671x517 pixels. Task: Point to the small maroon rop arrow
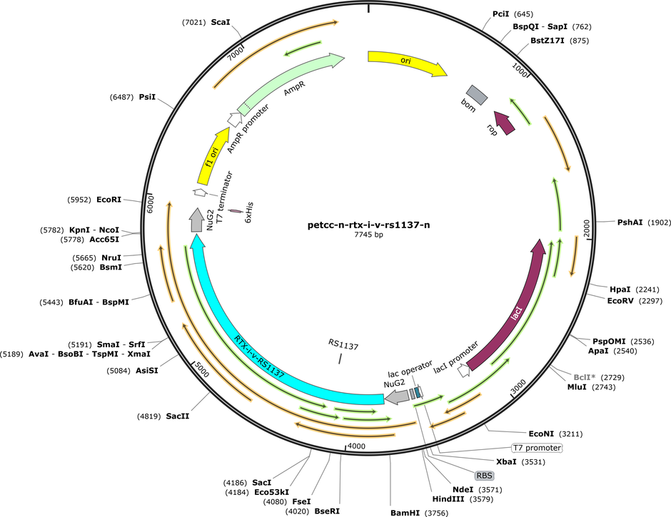(x=505, y=123)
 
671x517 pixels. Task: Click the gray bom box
(x=477, y=95)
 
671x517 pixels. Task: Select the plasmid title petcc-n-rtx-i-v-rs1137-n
(x=368, y=225)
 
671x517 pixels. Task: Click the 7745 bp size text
(x=368, y=235)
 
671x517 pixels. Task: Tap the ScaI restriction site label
(x=221, y=22)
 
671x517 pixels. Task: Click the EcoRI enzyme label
(x=109, y=200)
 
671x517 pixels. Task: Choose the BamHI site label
(x=405, y=513)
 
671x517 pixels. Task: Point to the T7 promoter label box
(x=537, y=448)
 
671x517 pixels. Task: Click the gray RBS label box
(x=485, y=476)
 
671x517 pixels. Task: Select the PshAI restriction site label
(x=630, y=222)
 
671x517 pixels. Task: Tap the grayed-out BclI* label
(x=585, y=377)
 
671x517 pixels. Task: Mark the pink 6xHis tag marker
(x=235, y=211)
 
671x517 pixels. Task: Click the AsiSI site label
(x=147, y=371)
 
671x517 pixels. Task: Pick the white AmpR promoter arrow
(x=234, y=119)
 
